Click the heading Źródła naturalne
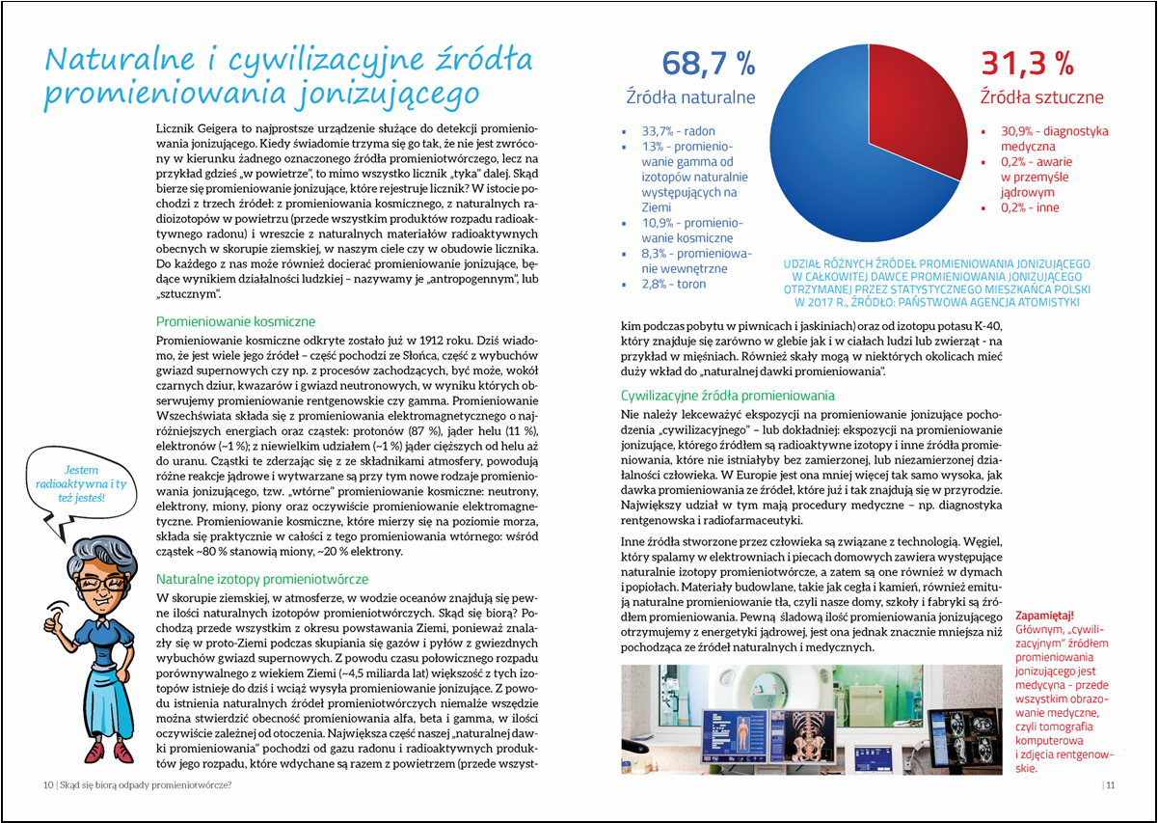click(690, 97)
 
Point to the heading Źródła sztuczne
click(1041, 97)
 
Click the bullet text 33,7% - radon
click(679, 131)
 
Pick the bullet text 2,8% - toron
click(674, 284)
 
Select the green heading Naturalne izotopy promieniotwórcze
click(262, 579)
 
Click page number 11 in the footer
click(1110, 784)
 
